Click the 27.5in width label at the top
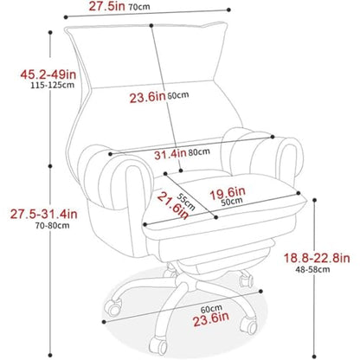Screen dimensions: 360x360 106,6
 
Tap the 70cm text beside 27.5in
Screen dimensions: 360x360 139,7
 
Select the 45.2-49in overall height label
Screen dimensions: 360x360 48,74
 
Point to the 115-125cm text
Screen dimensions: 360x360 53,85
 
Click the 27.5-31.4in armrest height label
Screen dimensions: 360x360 44,214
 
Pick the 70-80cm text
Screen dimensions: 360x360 53,225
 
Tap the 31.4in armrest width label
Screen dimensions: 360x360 170,154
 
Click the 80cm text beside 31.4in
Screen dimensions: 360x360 199,151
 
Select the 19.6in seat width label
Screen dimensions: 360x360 228,193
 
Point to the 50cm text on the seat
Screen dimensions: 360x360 232,202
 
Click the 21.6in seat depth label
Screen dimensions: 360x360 173,205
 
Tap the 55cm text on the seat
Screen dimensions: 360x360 186,202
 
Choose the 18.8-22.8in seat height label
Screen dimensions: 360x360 317,258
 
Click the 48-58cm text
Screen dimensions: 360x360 312,269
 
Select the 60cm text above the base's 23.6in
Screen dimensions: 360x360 211,309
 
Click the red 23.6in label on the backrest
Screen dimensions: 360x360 147,98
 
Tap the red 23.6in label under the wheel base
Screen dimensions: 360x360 211,319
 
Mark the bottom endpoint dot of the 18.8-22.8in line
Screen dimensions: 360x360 314,357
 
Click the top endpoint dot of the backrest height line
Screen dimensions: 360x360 151,26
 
